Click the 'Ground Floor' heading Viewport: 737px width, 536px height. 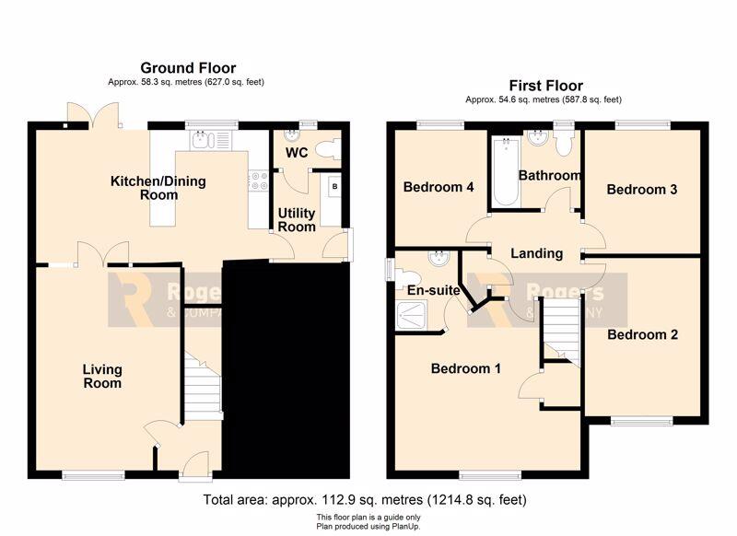pos(188,68)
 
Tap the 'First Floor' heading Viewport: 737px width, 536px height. pos(545,86)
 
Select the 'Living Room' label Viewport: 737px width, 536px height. pos(102,377)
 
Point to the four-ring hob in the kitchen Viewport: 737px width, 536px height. pos(259,181)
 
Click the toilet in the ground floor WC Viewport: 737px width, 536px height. pos(328,150)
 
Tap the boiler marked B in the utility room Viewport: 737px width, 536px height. pos(334,187)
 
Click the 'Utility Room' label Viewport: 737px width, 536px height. pos(296,220)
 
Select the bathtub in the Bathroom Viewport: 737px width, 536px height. pos(506,171)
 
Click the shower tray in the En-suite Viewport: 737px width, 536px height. pos(411,315)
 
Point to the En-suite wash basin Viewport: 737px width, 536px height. pos(439,258)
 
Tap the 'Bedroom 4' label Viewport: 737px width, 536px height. pos(439,187)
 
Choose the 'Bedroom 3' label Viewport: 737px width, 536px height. pos(641,190)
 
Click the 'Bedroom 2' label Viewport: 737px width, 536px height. pos(642,334)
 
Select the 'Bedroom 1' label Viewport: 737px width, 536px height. pos(466,368)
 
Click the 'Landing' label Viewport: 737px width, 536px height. pos(537,253)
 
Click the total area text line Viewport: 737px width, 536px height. pos(365,499)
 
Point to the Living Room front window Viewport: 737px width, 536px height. pos(94,475)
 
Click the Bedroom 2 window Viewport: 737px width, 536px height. pos(642,422)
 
